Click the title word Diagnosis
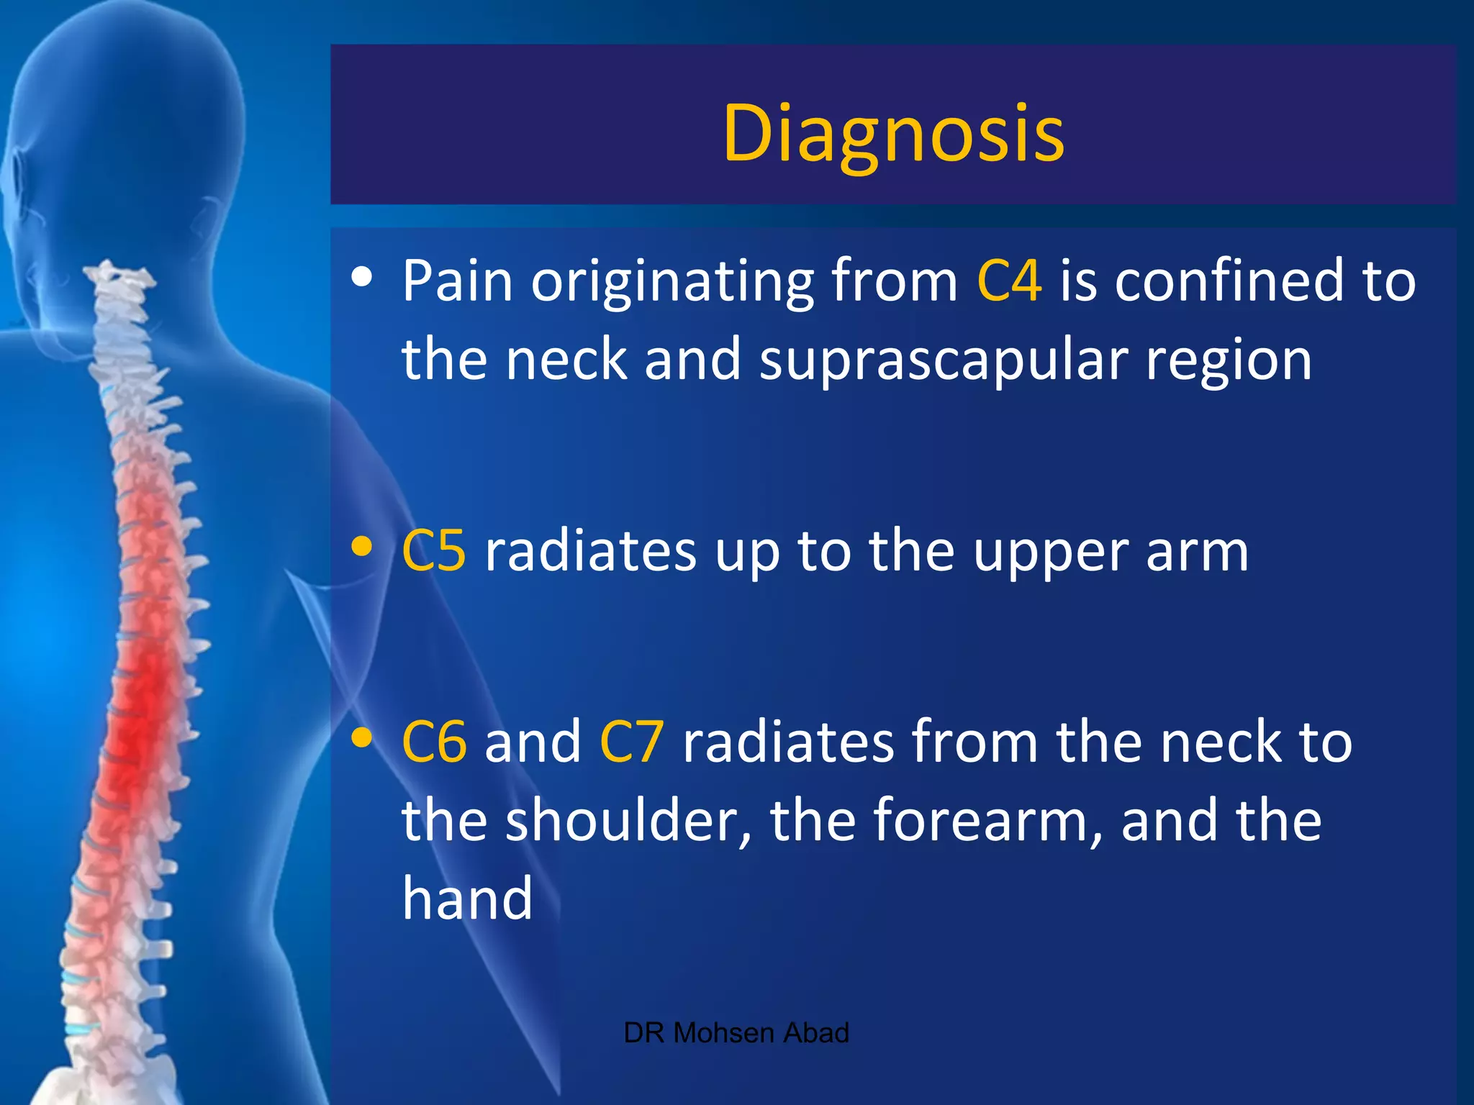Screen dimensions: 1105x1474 (x=893, y=133)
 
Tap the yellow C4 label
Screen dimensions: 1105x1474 (x=1009, y=280)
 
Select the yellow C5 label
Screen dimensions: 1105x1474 (x=434, y=551)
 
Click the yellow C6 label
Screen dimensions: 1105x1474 (x=434, y=742)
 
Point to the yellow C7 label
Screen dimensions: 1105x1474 (x=631, y=742)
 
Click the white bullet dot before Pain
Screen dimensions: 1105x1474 (x=362, y=277)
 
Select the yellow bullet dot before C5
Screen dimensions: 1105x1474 (x=362, y=547)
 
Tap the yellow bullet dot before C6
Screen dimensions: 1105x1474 (x=362, y=737)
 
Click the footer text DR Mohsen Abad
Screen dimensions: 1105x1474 (x=736, y=1033)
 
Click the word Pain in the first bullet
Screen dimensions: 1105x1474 (x=458, y=280)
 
